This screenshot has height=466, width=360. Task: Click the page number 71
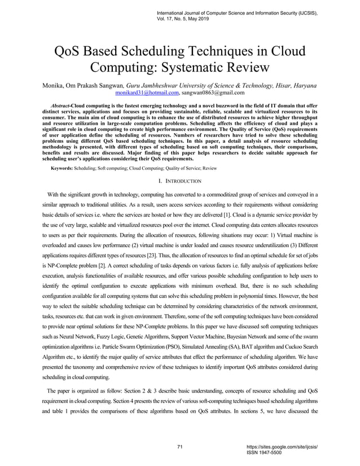(180, 447)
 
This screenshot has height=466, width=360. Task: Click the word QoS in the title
(69, 51)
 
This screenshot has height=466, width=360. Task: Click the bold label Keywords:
(64, 169)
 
